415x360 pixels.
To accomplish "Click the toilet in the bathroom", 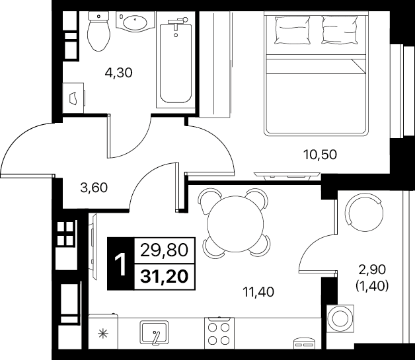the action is pyautogui.click(x=98, y=31).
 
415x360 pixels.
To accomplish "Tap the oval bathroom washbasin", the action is pyautogui.click(x=135, y=22).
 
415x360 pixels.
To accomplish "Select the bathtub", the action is pyautogui.click(x=176, y=63).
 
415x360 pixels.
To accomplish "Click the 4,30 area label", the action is pyautogui.click(x=118, y=73).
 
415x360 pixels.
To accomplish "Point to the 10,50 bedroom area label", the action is pyautogui.click(x=320, y=155).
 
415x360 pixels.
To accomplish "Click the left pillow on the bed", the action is pyautogui.click(x=293, y=30).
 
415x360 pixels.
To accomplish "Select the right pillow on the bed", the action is pyautogui.click(x=340, y=30).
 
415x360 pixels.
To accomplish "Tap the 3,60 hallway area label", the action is pyautogui.click(x=94, y=188).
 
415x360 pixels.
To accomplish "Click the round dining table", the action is pyautogui.click(x=235, y=223).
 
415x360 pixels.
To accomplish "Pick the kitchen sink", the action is pyautogui.click(x=154, y=332).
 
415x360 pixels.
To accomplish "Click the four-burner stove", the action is pyautogui.click(x=219, y=333).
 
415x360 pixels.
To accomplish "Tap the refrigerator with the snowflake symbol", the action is pyautogui.click(x=102, y=331).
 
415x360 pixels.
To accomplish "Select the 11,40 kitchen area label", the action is pyautogui.click(x=258, y=292).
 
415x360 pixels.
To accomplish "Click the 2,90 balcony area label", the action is pyautogui.click(x=373, y=270).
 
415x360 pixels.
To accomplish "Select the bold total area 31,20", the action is pyautogui.click(x=165, y=277).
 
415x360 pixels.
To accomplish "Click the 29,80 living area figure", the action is pyautogui.click(x=164, y=250).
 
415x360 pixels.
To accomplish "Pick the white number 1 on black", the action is pyautogui.click(x=121, y=264).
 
